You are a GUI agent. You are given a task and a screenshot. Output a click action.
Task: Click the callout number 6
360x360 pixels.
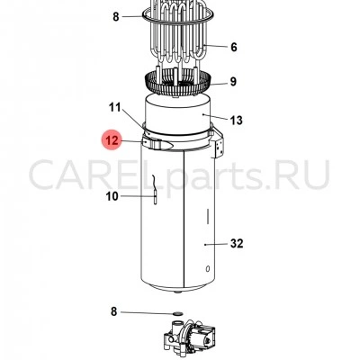(x=234, y=47)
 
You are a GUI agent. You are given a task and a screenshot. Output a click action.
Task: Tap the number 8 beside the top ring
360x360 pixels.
(x=116, y=16)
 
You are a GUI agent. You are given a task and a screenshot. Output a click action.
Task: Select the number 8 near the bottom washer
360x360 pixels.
(x=113, y=311)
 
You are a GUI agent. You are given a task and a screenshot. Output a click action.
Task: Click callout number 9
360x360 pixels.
(x=233, y=82)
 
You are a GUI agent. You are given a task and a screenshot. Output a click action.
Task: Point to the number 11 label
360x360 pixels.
(x=114, y=107)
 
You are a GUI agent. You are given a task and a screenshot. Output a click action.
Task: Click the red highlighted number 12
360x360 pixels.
(x=112, y=140)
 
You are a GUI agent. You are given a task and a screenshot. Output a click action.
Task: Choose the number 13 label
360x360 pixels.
(x=236, y=121)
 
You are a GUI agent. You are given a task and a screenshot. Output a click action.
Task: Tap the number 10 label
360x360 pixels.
(x=112, y=196)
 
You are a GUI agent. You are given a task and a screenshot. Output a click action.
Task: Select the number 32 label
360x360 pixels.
(x=237, y=243)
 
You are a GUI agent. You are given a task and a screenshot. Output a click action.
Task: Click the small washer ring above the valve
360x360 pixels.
(x=177, y=314)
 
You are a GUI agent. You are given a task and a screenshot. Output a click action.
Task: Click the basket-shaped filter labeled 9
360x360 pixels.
(x=178, y=82)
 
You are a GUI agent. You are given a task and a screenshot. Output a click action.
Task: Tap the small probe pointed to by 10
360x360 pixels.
(x=155, y=190)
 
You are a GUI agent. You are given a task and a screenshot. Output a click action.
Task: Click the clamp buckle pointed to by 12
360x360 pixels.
(x=158, y=145)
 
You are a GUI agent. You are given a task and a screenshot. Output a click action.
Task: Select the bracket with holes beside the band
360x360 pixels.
(x=219, y=143)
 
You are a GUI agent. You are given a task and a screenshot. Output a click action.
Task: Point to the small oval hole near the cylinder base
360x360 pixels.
(x=208, y=269)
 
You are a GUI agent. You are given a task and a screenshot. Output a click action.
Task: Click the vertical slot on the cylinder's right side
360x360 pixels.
(x=207, y=216)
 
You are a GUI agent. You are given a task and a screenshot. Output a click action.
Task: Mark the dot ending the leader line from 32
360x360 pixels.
(x=205, y=245)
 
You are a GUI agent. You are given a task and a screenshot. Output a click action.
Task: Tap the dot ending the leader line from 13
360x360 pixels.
(x=203, y=114)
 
